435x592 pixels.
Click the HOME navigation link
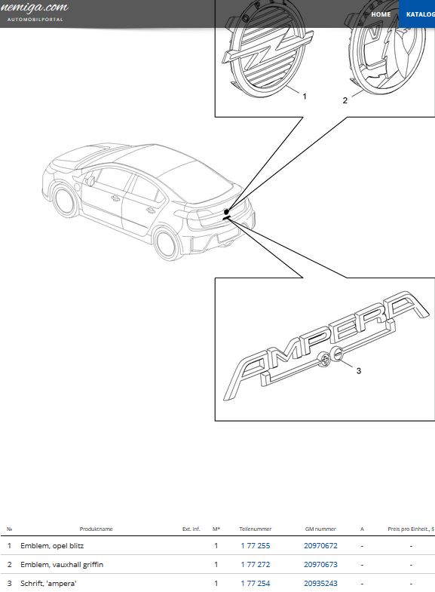click(x=381, y=14)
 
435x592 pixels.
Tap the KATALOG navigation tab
click(x=419, y=14)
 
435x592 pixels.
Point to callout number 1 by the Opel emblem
click(x=305, y=97)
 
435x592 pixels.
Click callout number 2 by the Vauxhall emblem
click(x=345, y=100)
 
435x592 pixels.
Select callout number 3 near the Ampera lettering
click(x=359, y=370)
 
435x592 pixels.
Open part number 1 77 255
click(x=255, y=545)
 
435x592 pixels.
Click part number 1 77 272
click(x=255, y=564)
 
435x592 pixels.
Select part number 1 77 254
click(x=255, y=583)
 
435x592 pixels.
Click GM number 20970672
click(x=320, y=545)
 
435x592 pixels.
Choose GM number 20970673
click(x=320, y=564)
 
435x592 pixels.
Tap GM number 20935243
click(x=320, y=583)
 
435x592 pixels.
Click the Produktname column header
click(x=96, y=529)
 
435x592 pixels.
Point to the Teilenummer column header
click(x=255, y=529)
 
